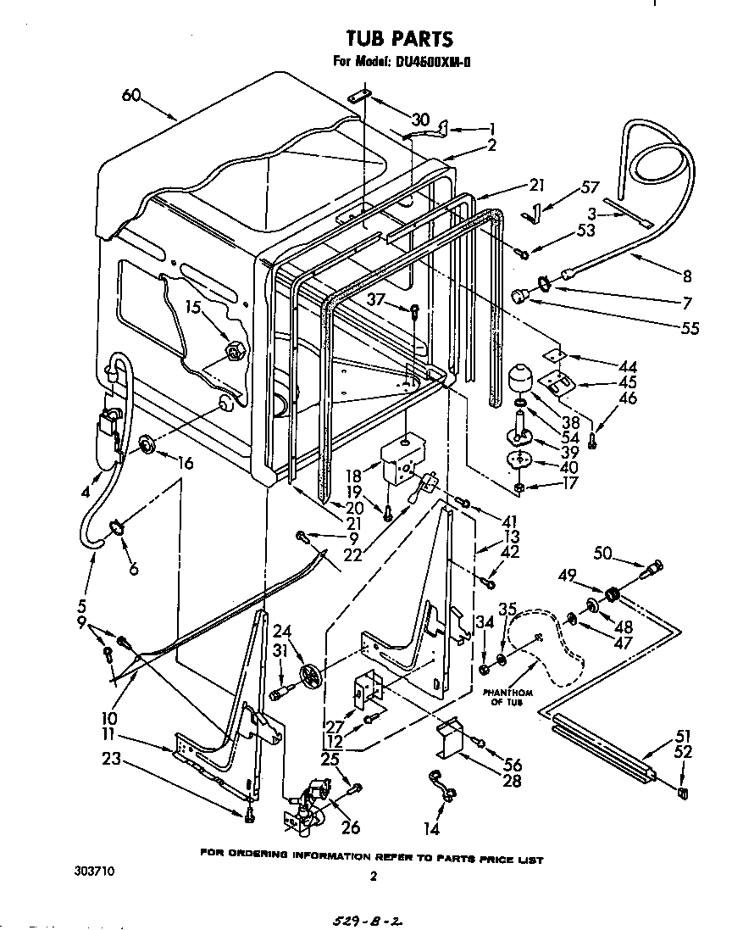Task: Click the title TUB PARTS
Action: pyautogui.click(x=400, y=38)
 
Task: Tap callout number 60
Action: pyautogui.click(x=130, y=96)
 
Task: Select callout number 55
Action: pyautogui.click(x=690, y=328)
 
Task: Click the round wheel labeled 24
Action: pyautogui.click(x=312, y=678)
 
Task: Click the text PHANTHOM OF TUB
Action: pyautogui.click(x=507, y=697)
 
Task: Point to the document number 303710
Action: pyautogui.click(x=92, y=870)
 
